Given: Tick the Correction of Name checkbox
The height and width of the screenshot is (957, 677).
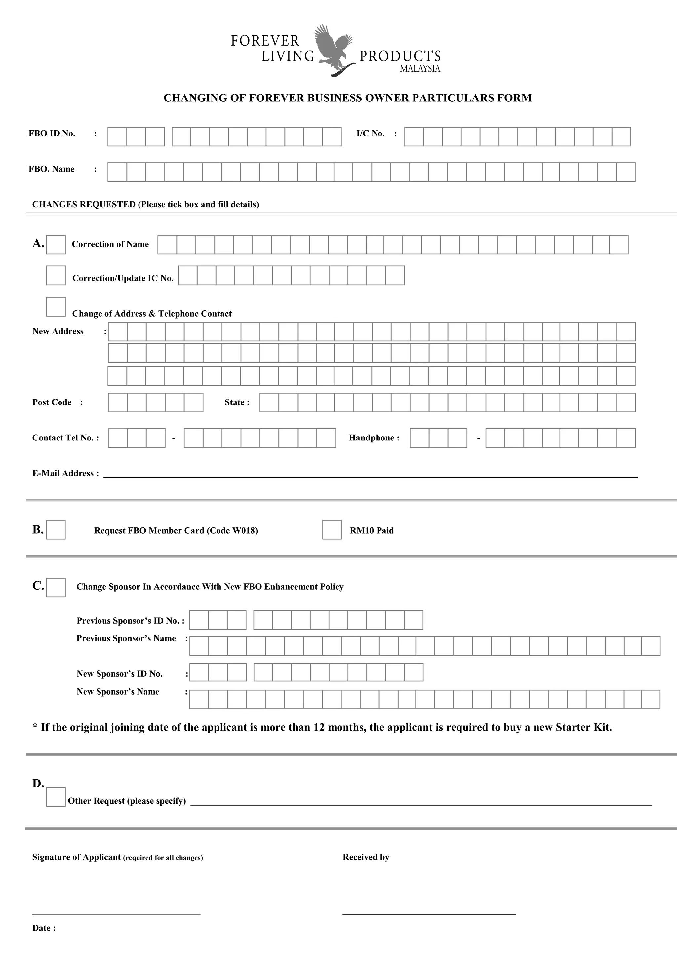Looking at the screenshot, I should click(x=56, y=245).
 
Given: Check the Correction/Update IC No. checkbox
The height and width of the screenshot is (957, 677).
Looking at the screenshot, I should click(x=56, y=276).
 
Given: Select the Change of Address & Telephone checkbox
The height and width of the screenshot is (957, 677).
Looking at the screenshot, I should click(x=56, y=307).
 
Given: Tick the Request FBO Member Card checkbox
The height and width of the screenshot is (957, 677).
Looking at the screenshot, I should click(x=56, y=530).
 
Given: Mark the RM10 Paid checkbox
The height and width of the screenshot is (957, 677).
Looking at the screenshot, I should click(x=332, y=530).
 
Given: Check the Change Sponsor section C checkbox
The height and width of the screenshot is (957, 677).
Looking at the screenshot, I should click(x=56, y=587).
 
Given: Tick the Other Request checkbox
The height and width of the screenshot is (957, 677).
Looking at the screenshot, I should click(x=56, y=797).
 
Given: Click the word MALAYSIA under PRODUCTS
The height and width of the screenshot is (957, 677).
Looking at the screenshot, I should click(x=420, y=69).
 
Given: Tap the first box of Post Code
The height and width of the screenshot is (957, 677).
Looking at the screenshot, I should click(x=118, y=402).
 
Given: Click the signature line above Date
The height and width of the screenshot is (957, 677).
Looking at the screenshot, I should click(x=116, y=914).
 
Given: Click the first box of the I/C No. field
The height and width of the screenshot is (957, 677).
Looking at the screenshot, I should click(x=414, y=137).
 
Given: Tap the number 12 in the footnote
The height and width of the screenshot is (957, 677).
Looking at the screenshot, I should click(x=319, y=727).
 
